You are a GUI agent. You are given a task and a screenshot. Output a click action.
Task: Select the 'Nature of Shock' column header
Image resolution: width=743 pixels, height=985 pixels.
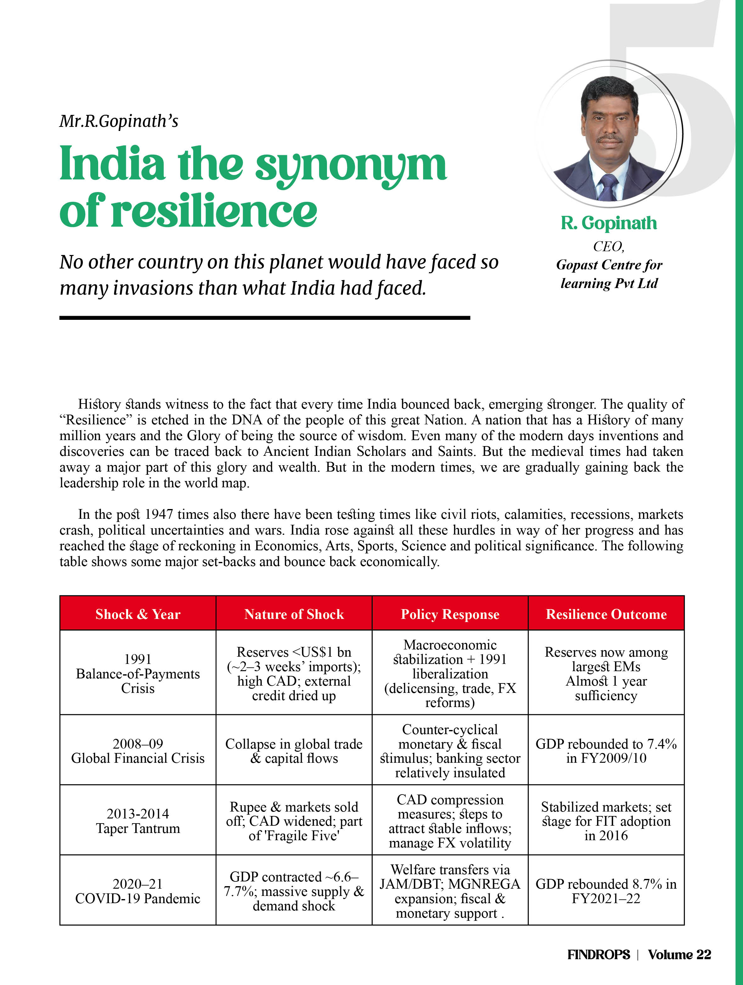coord(294,614)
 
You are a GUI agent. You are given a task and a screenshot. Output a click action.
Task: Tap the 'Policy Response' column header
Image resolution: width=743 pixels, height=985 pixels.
coord(450,614)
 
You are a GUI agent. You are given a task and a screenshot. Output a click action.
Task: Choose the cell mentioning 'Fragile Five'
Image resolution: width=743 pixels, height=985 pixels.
coord(294,821)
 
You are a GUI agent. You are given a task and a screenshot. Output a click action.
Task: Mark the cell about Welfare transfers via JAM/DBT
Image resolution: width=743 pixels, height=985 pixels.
coord(450,891)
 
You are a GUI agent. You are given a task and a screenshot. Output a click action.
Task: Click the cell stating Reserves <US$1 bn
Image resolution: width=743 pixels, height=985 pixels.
coord(294,673)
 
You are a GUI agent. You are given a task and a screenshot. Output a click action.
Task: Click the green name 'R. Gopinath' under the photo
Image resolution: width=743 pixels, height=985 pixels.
coord(609,223)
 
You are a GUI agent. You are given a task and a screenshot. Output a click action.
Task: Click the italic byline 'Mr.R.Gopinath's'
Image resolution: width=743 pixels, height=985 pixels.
coord(119,121)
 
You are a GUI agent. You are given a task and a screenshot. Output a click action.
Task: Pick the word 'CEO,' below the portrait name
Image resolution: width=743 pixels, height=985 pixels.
coord(609,246)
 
